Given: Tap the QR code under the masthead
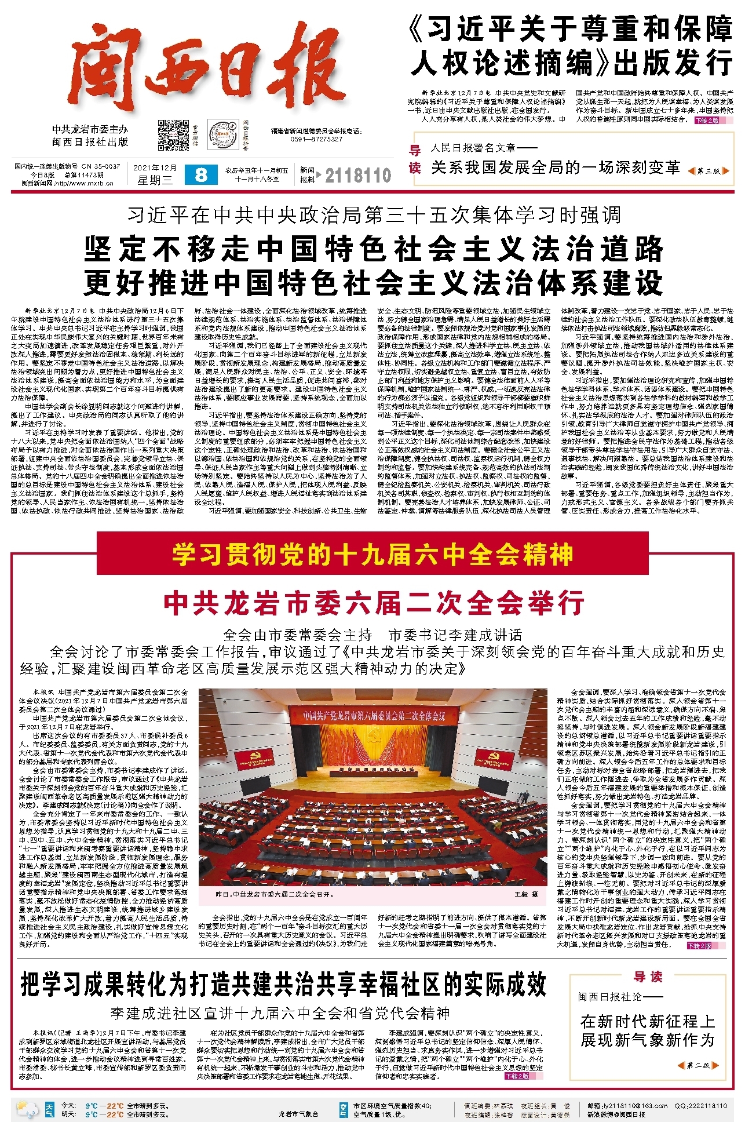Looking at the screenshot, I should pos(174,135).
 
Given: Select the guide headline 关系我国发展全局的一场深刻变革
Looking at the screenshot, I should pos(555,167).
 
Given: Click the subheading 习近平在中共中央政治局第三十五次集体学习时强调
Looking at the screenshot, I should pos(374,215).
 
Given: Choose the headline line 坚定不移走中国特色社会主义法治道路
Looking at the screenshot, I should pos(374,249).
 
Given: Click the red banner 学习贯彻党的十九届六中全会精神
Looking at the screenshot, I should pos(372,555).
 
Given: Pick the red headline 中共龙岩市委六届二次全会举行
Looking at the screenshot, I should pos(374,603).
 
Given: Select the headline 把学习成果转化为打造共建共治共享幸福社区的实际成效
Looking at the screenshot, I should pos(284,984).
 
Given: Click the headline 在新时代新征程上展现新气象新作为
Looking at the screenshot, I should pos(648,1030).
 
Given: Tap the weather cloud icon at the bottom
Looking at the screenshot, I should pos(28,1109).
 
